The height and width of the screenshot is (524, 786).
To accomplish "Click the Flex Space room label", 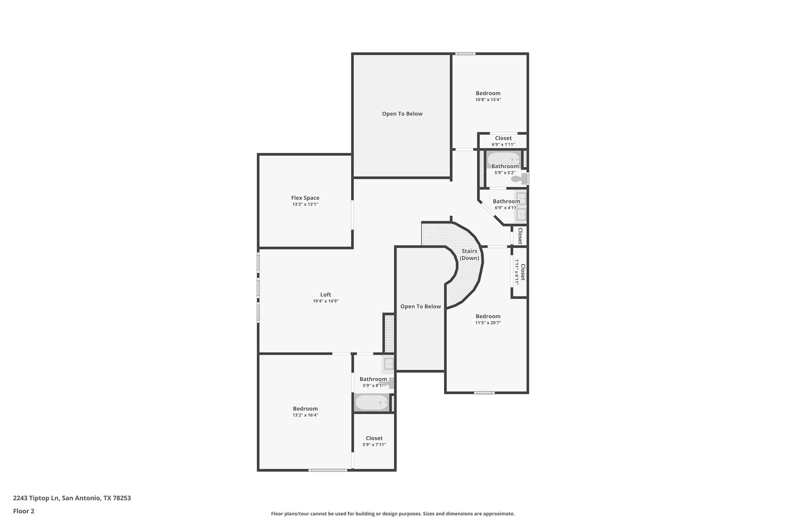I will [305, 198].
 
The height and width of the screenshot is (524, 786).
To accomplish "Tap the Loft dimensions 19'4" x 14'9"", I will [325, 301].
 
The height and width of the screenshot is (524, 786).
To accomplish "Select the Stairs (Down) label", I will [469, 255].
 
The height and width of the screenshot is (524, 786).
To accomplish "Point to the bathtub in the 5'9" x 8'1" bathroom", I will [372, 403].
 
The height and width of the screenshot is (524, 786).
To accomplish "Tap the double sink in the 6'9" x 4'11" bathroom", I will [521, 207].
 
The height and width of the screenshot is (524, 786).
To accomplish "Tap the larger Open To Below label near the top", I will [402, 114].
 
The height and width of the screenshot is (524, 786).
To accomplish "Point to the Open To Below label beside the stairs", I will [421, 306].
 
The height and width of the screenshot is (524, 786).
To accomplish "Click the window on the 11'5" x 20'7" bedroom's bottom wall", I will [484, 393].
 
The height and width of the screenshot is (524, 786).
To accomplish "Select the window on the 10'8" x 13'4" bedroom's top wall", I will [465, 54].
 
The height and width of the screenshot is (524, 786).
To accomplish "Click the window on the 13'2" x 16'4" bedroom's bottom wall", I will [328, 470].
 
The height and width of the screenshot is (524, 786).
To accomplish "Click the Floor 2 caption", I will [24, 511].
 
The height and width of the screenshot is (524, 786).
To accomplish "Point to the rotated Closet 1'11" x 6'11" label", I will [520, 272].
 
